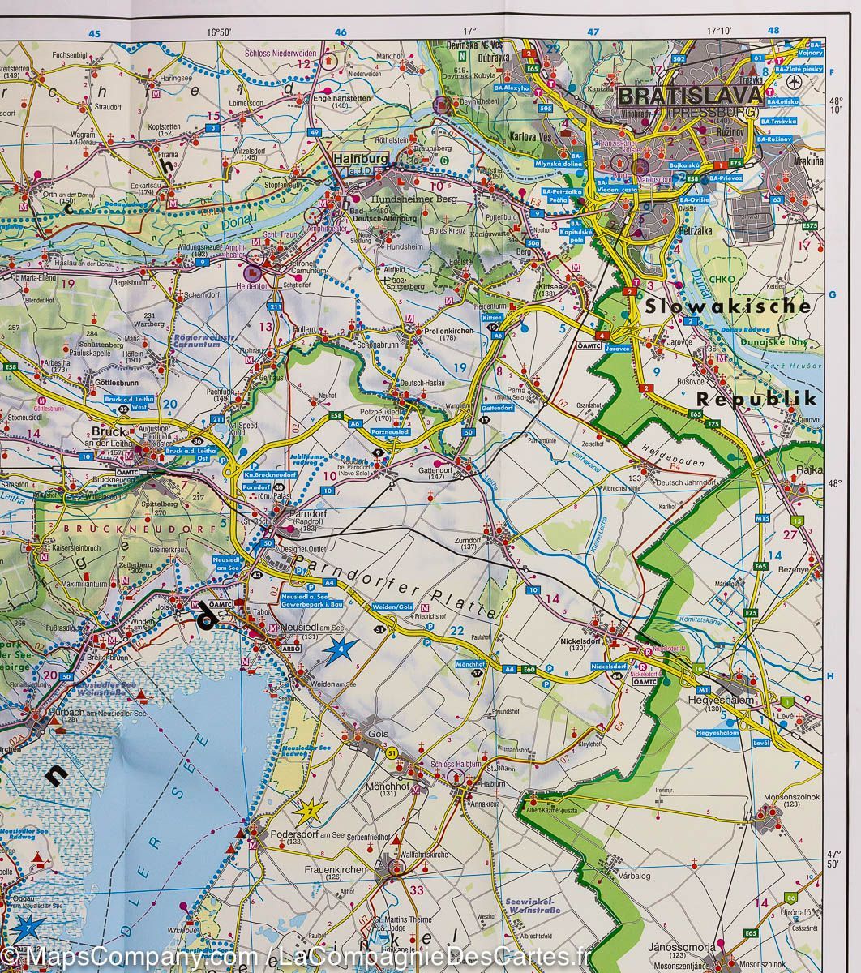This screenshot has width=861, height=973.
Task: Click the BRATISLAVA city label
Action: [x=689, y=96]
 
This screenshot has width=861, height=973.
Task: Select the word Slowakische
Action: [x=728, y=306]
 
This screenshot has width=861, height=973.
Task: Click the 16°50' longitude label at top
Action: [x=219, y=32]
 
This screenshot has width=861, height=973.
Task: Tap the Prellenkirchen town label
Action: [x=436, y=331]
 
